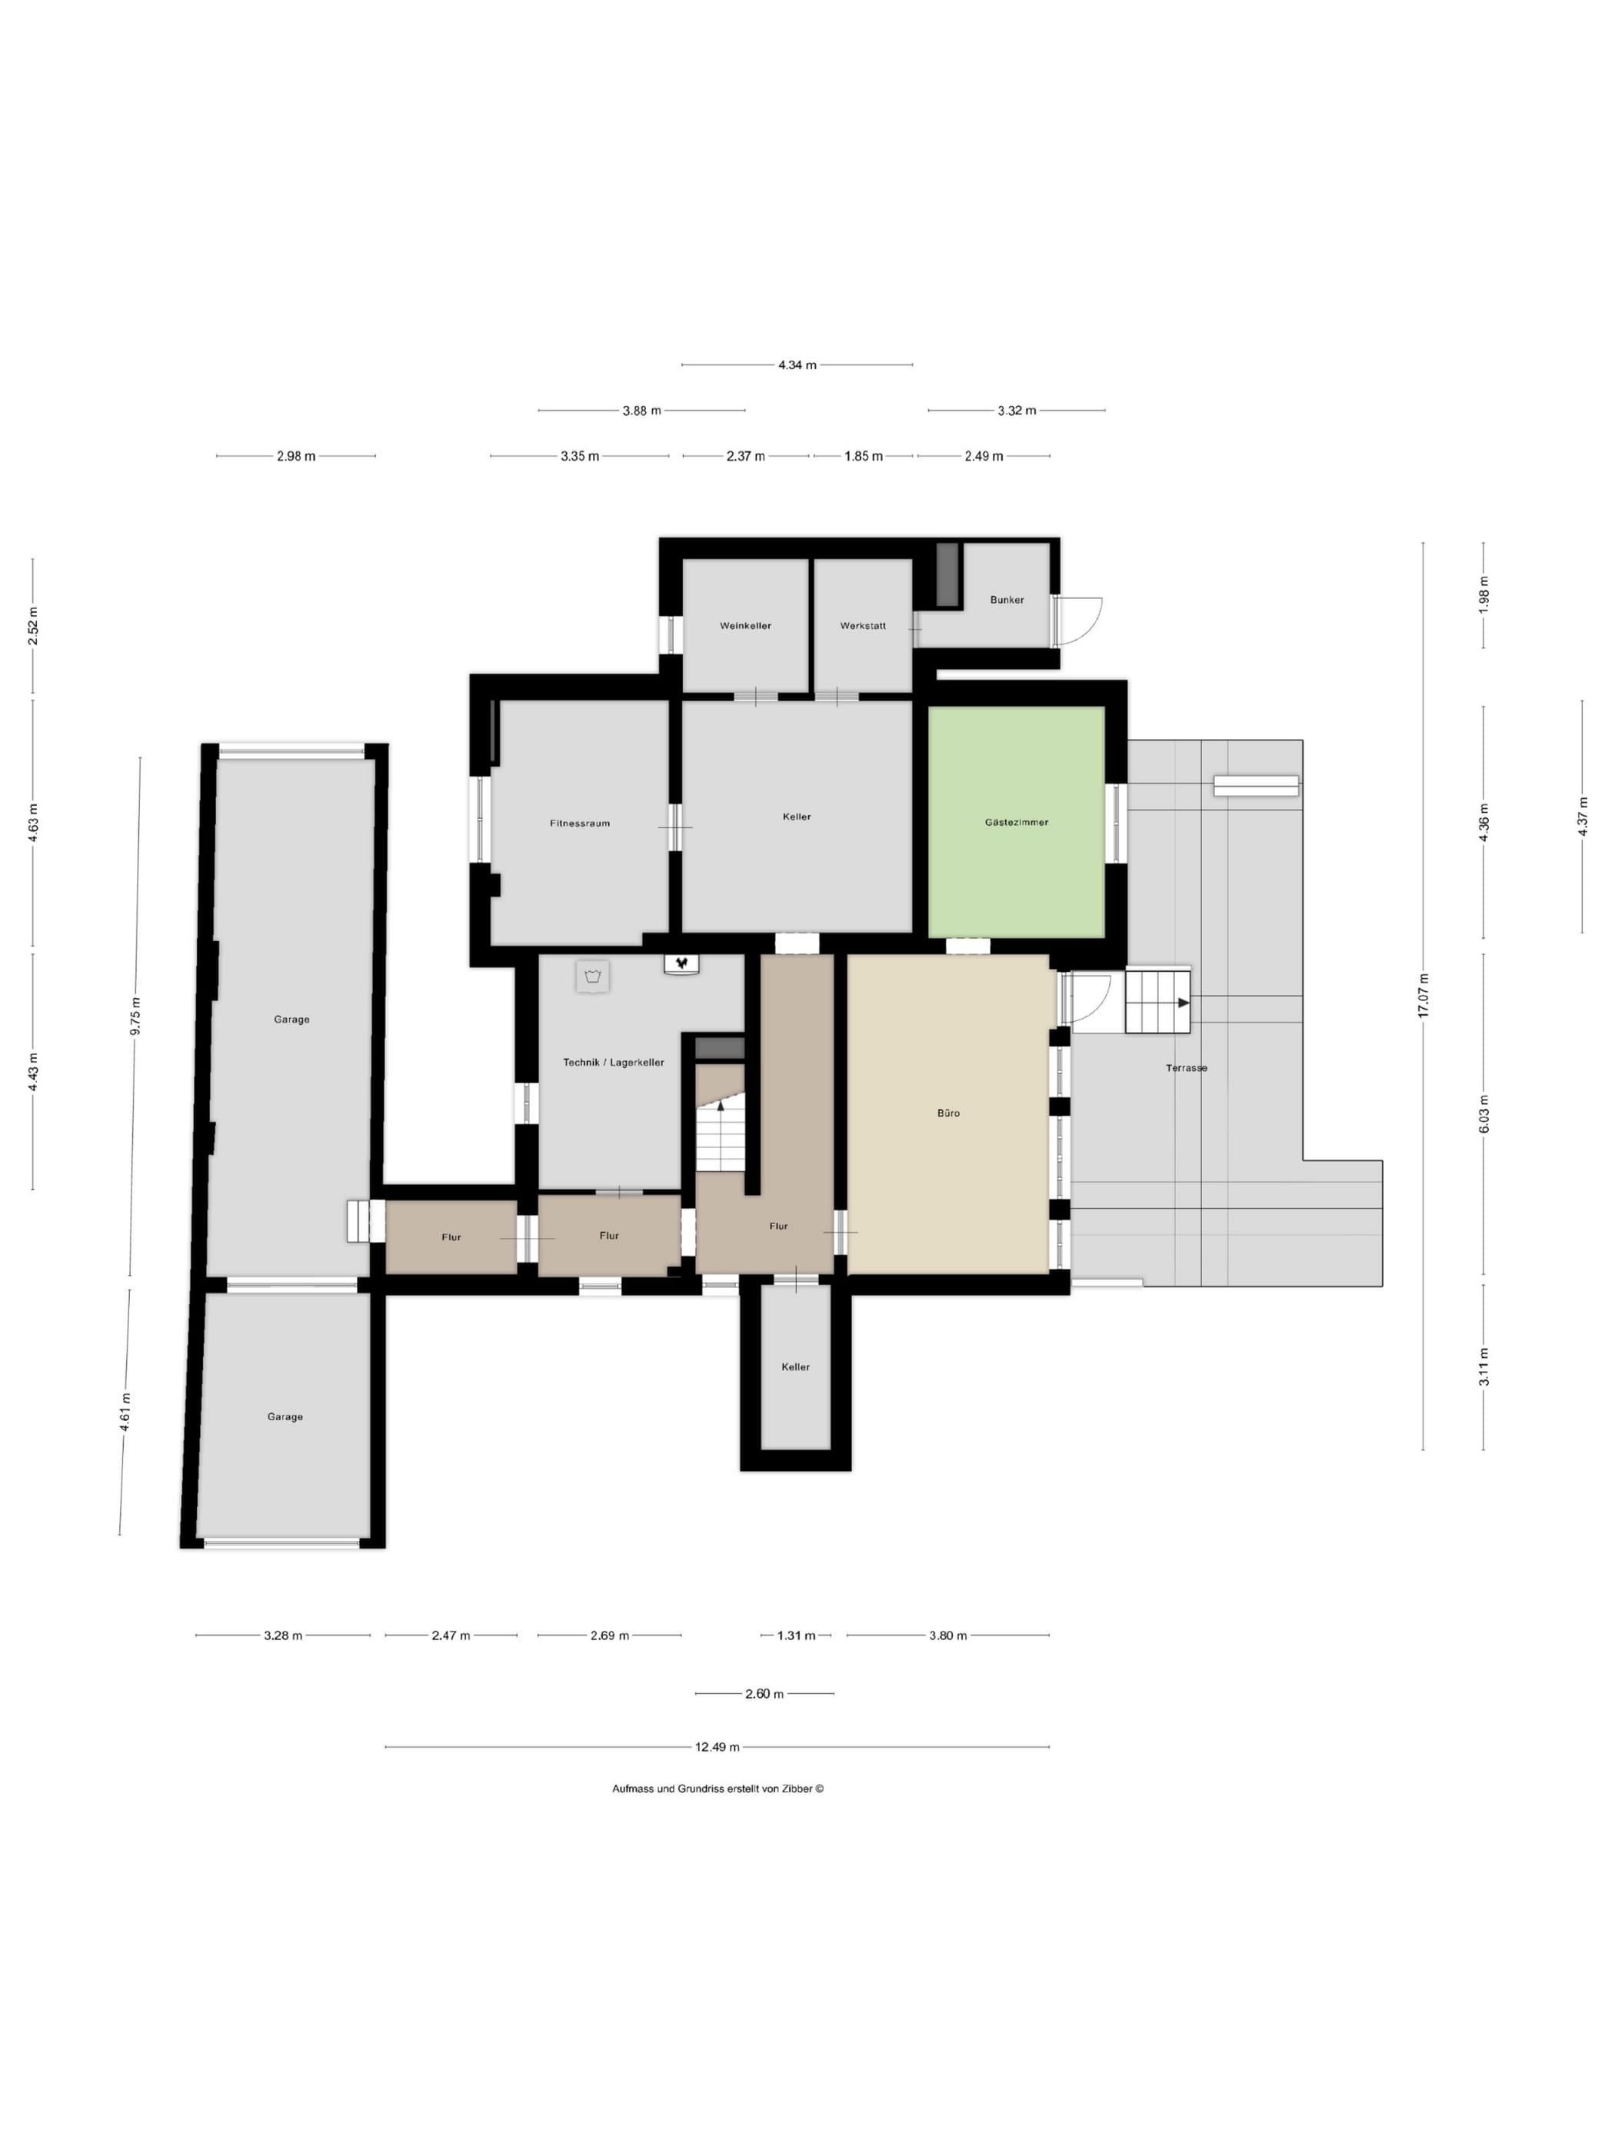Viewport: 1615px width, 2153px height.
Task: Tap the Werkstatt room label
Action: click(863, 626)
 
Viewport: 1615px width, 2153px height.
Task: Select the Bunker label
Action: click(1007, 600)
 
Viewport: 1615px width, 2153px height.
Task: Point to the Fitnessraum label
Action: click(579, 824)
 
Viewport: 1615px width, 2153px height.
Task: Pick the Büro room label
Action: click(947, 1113)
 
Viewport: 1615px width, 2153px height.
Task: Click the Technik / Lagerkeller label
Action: click(613, 1062)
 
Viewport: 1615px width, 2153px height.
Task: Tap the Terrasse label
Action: click(1186, 1068)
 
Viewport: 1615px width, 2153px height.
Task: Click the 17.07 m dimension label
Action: click(1424, 995)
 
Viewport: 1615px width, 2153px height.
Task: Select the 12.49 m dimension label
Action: click(717, 1747)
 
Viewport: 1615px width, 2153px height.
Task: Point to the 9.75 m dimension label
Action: click(135, 1017)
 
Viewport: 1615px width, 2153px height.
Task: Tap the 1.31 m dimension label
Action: click(795, 1636)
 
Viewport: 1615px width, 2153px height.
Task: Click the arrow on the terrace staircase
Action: click(1183, 1003)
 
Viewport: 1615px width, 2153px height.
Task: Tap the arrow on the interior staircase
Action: click(721, 1106)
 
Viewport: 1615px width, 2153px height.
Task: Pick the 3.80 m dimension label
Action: click(947, 1636)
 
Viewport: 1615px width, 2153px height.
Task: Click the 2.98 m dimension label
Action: click(296, 455)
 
